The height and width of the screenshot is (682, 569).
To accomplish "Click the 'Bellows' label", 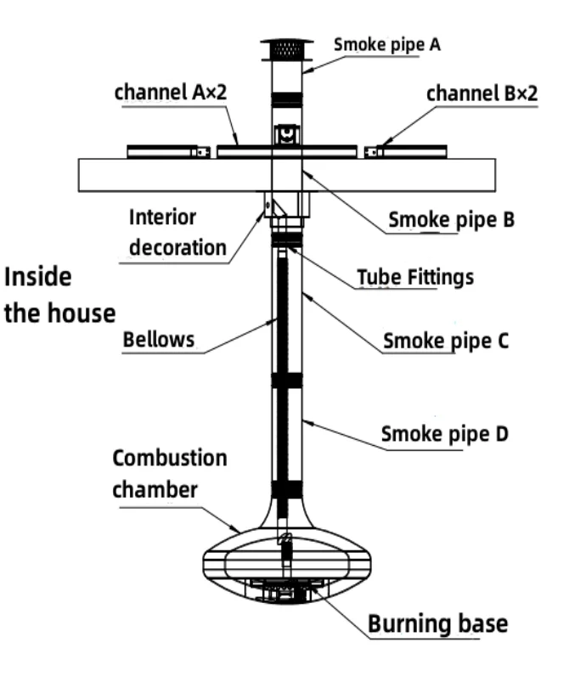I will [x=159, y=339].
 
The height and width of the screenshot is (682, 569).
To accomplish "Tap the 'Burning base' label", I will [x=437, y=624].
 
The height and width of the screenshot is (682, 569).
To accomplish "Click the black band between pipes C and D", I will [x=287, y=380].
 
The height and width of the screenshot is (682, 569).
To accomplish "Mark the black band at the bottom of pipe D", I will [x=287, y=489].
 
